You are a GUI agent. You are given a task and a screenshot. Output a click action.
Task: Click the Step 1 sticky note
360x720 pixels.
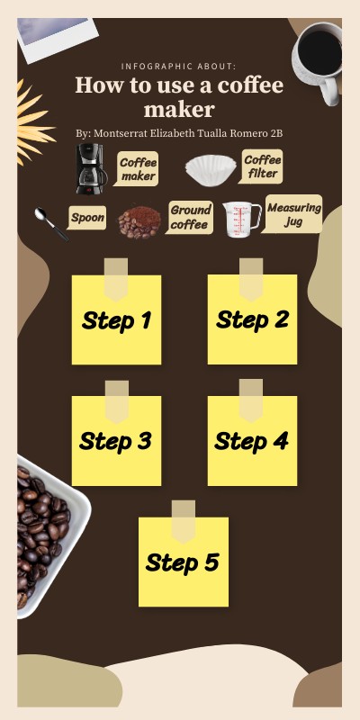click(117, 319)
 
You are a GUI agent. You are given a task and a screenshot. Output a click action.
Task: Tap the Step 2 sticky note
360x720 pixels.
click(252, 319)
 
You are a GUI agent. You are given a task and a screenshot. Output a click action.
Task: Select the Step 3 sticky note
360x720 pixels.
click(117, 441)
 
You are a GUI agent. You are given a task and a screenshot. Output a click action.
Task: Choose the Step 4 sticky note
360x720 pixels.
click(252, 441)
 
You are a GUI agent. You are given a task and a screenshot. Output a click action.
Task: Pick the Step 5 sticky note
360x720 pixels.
click(184, 562)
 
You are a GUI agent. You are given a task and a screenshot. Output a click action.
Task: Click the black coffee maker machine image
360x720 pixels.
click(92, 168)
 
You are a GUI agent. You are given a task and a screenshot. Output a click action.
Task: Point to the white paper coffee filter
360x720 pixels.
click(211, 170)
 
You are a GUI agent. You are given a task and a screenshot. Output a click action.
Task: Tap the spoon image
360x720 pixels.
click(51, 224)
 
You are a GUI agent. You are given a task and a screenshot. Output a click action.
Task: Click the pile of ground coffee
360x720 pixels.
click(139, 222)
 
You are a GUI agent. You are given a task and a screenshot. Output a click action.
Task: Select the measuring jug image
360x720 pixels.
click(242, 220)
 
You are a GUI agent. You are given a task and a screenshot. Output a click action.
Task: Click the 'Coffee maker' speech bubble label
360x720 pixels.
click(137, 169)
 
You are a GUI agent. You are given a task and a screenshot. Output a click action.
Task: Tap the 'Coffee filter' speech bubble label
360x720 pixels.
click(261, 166)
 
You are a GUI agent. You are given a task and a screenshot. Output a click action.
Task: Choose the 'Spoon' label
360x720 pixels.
click(87, 218)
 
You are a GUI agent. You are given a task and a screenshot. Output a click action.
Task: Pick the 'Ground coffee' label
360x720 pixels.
click(190, 217)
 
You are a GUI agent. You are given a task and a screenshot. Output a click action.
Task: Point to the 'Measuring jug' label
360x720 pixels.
click(292, 214)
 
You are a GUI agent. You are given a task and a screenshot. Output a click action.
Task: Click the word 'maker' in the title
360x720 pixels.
click(179, 109)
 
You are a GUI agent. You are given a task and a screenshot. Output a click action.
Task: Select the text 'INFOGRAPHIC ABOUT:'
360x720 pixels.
click(178, 67)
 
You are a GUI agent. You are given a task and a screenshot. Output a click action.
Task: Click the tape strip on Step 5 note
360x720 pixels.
click(184, 522)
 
